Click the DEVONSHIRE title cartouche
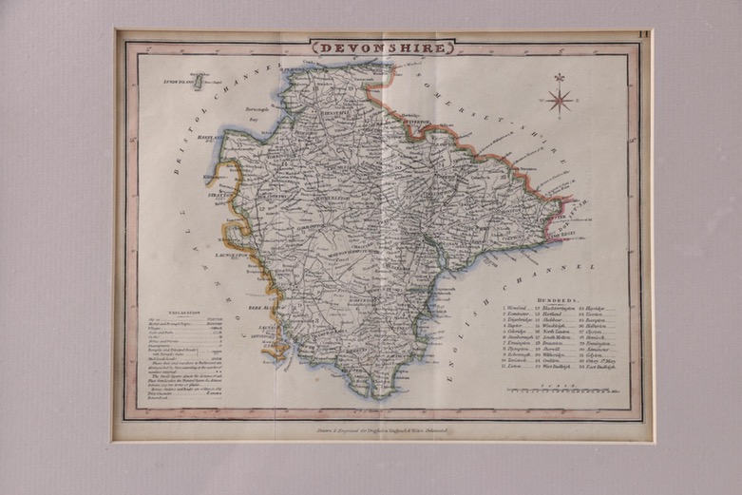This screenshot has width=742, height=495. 382,46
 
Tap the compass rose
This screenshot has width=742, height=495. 560,96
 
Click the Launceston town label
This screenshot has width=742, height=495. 232,255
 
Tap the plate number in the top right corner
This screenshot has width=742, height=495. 643,36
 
